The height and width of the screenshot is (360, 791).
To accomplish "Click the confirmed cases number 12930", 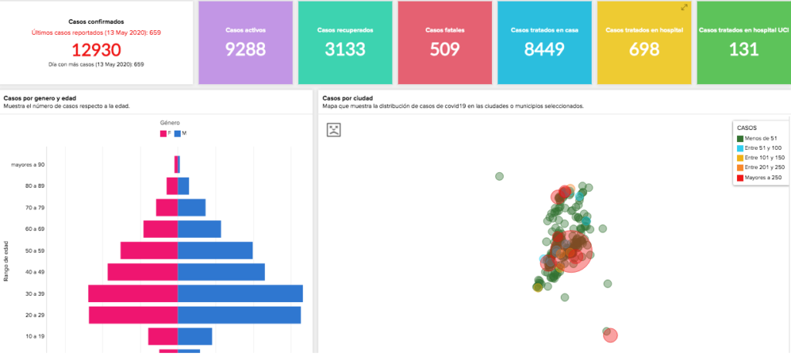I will tap(96, 50).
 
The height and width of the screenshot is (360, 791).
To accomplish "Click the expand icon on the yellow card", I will tap(684, 7).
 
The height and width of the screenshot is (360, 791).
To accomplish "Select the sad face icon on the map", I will tap(334, 129).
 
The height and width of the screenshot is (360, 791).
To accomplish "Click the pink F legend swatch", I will tap(163, 134).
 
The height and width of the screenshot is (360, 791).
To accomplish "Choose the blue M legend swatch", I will tap(178, 134).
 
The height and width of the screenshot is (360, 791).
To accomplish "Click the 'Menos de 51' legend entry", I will tap(760, 138).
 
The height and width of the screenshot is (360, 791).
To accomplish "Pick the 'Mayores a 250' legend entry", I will tap(762, 178).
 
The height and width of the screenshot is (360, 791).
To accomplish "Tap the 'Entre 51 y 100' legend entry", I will tap(762, 148).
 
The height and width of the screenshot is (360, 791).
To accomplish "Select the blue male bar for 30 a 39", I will tap(239, 294).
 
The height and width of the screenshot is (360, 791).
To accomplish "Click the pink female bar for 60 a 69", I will tap(160, 229).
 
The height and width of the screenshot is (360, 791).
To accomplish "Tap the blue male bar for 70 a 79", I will tap(192, 208).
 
